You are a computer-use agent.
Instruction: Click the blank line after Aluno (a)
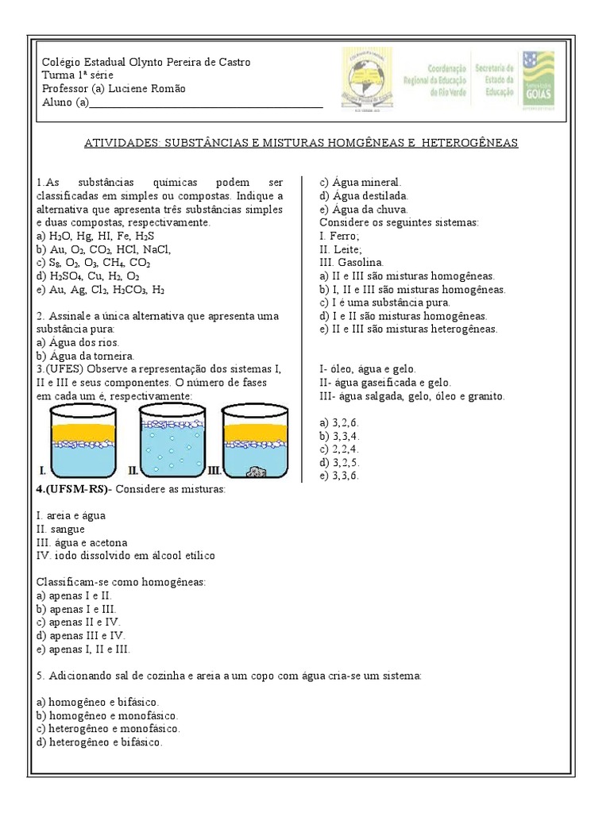pyautogui.click(x=207, y=102)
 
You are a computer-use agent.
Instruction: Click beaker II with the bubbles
pyautogui.click(x=174, y=440)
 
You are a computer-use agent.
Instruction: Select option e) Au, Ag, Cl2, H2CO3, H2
pyautogui.click(x=102, y=290)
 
